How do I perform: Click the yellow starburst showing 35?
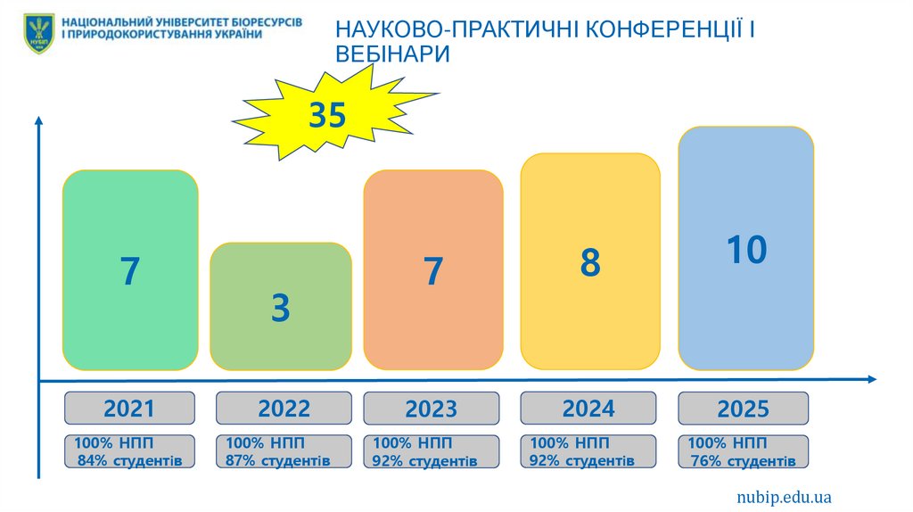[328, 116]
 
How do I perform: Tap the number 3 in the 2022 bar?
[281, 309]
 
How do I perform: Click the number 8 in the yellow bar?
[590, 263]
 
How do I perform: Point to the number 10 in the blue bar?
[746, 251]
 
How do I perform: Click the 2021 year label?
[129, 409]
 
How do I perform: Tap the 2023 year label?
[432, 409]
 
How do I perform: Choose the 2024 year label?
[588, 409]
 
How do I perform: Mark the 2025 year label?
[743, 409]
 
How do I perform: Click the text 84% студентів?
[130, 461]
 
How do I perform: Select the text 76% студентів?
[744, 461]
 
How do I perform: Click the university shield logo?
[38, 33]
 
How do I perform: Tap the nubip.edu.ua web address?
[784, 497]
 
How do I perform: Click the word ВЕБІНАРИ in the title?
[392, 54]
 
